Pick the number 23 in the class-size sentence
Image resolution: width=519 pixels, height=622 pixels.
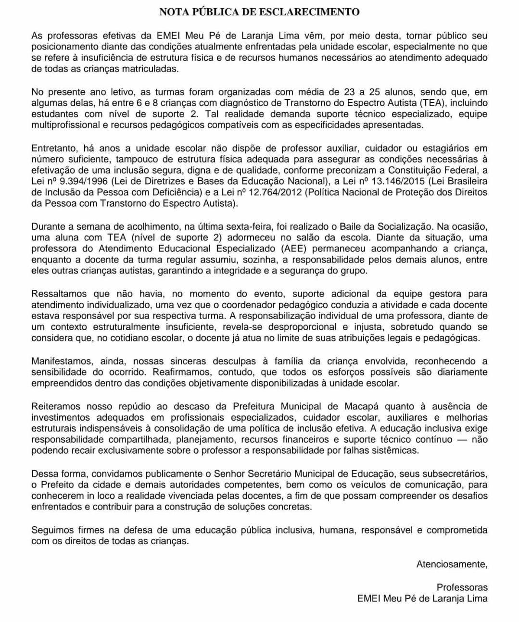349,92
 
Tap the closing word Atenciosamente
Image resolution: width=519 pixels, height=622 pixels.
452,564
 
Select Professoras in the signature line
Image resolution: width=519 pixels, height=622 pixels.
462,587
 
